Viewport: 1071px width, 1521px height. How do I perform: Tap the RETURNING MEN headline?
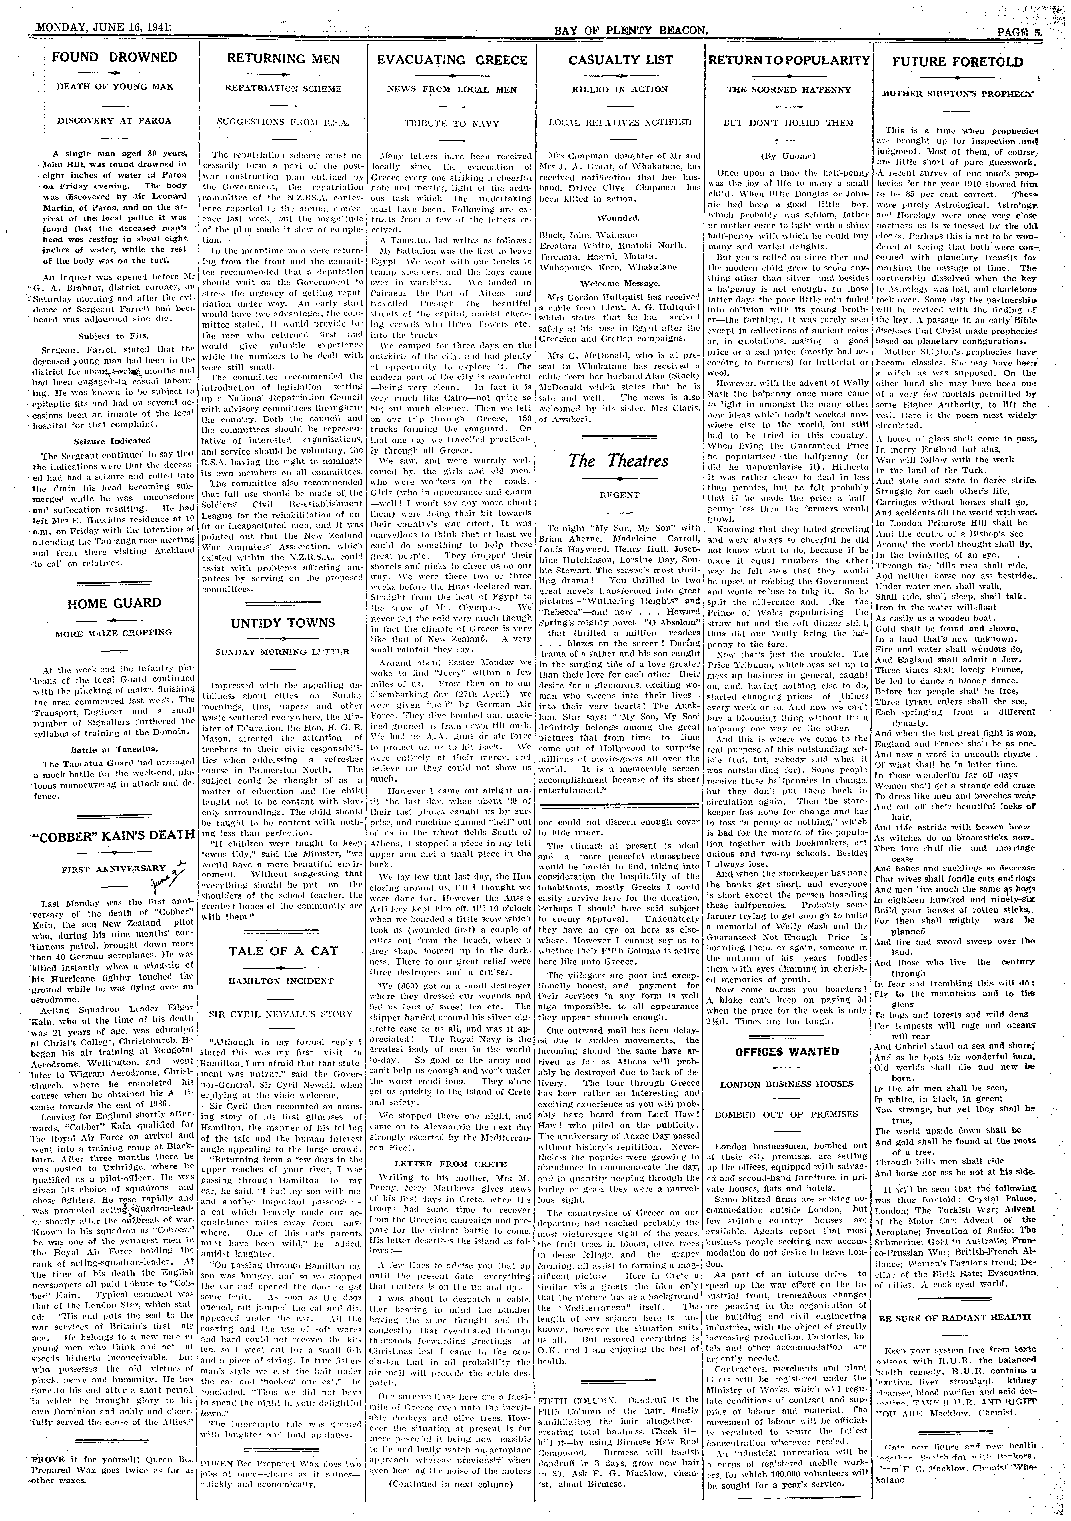tap(283, 59)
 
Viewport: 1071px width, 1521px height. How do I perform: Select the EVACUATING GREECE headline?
tap(452, 60)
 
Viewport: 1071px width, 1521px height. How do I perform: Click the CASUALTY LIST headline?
tap(621, 60)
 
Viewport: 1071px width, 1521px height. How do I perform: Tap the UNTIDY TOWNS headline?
tap(283, 623)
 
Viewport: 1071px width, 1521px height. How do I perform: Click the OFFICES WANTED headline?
tap(787, 1051)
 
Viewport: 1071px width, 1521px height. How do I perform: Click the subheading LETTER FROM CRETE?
tap(450, 1163)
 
